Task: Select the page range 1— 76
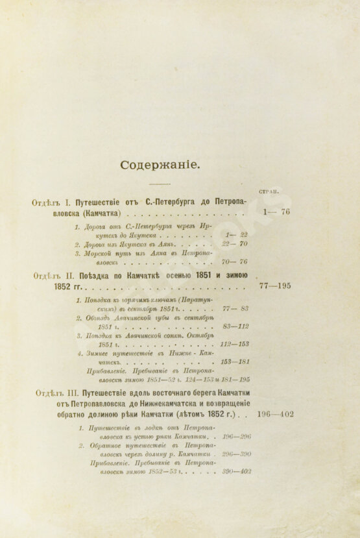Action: (x=277, y=212)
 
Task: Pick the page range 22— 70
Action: (x=235, y=244)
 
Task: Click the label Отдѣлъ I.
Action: (x=51, y=202)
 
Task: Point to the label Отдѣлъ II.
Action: (x=53, y=275)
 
